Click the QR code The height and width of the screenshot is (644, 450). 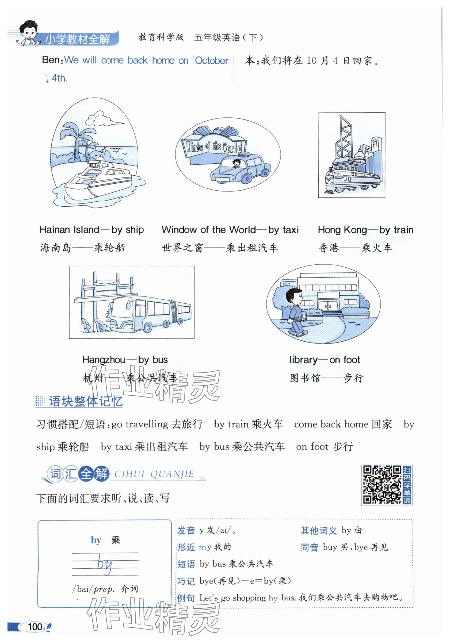point(382,484)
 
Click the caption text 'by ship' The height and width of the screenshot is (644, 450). point(127,230)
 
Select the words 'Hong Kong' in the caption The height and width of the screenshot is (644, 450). point(342,230)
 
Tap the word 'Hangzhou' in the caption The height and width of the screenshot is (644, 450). point(104,360)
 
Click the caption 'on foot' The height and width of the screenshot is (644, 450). point(345,360)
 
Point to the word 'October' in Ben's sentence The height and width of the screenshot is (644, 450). point(212,61)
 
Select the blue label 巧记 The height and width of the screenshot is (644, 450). point(186,581)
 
